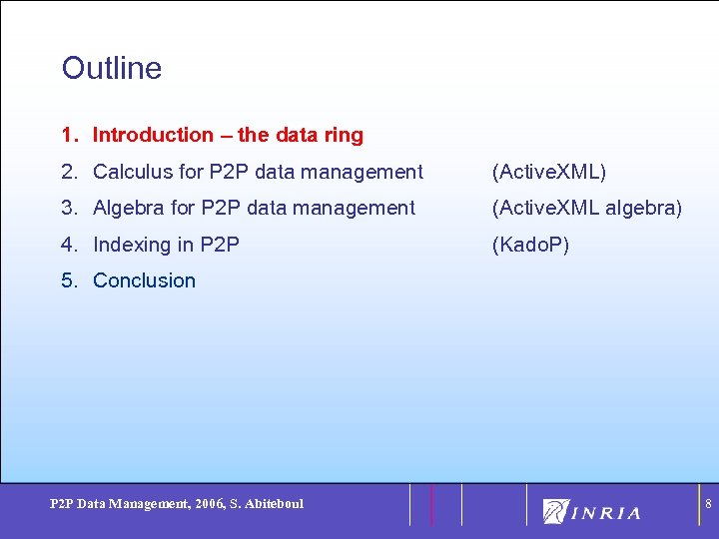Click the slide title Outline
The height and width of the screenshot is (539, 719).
(111, 68)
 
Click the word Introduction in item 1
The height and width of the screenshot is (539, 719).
(153, 135)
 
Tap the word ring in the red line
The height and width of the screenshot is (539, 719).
(344, 135)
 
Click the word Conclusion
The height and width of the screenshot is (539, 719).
(144, 280)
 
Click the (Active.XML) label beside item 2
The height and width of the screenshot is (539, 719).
(548, 172)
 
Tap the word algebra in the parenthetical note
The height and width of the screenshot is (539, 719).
(643, 208)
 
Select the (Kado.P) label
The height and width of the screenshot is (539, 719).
(530, 245)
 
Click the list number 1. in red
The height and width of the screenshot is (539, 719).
(69, 135)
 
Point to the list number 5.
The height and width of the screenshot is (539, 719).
(69, 280)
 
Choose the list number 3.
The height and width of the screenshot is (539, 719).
(69, 208)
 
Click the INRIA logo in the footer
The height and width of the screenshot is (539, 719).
(592, 512)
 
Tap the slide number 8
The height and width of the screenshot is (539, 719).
(708, 505)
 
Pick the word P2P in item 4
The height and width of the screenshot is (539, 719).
(220, 245)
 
